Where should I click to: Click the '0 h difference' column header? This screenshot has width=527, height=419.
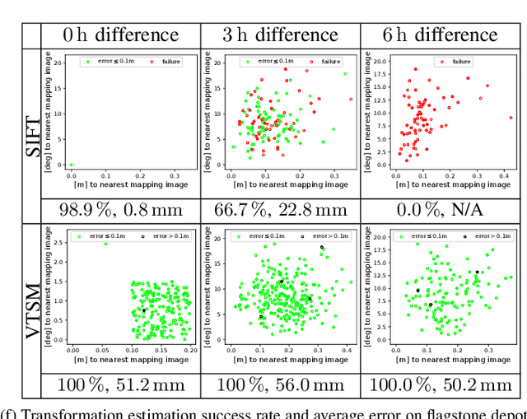pyautogui.click(x=121, y=35)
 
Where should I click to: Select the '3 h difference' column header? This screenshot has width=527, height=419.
pyautogui.click(x=280, y=35)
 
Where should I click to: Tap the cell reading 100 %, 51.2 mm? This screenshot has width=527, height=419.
pyautogui.click(x=121, y=385)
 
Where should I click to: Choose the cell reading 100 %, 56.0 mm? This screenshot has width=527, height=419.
pyautogui.click(x=280, y=385)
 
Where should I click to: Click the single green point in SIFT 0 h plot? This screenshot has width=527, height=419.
pyautogui.click(x=71, y=165)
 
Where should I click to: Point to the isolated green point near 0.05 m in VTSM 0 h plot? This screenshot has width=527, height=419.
pyautogui.click(x=105, y=244)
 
